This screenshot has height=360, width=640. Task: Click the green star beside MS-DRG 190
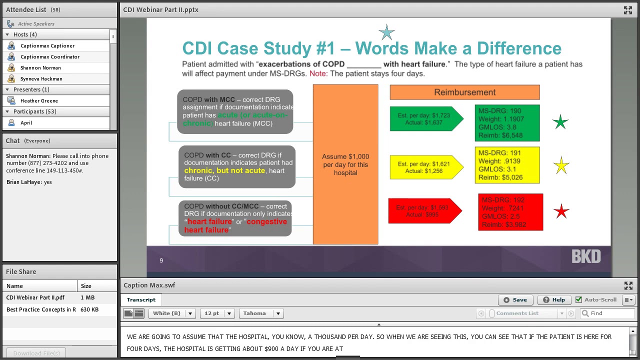(560, 122)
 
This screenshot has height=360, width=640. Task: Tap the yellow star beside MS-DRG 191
(561, 165)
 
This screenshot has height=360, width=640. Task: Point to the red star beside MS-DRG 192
(561, 211)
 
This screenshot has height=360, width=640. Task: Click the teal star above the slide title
(386, 33)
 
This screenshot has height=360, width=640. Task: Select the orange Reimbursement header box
(464, 92)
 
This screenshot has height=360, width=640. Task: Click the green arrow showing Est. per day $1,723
(425, 119)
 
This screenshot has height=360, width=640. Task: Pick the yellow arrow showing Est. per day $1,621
(425, 167)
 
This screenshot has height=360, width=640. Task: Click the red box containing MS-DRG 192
(510, 212)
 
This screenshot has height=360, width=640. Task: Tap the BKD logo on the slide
(586, 257)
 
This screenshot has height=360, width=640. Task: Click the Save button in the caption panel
(515, 300)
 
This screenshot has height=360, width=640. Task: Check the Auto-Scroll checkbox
(578, 300)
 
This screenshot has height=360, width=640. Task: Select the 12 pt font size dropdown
(216, 313)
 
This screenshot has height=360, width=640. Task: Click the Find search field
(610, 313)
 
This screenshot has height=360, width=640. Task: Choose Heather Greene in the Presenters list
(39, 100)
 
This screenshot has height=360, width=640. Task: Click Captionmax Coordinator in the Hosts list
(49, 56)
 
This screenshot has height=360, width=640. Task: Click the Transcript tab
(141, 300)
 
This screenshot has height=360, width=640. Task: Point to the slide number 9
(161, 260)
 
